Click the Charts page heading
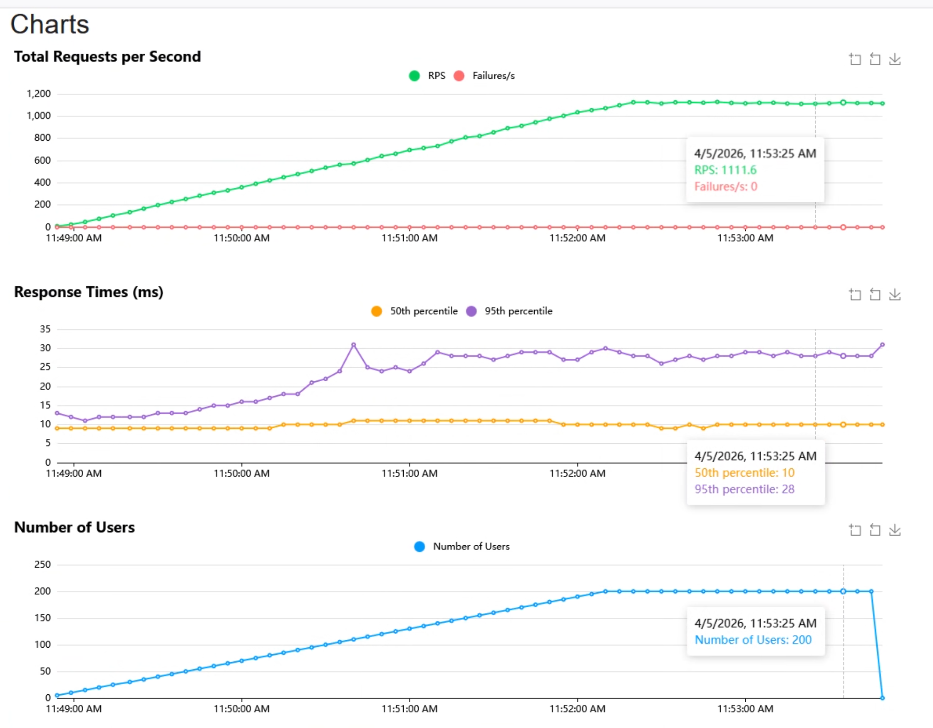(50, 25)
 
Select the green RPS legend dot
(414, 76)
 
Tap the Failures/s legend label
(494, 76)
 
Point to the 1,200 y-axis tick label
(38, 94)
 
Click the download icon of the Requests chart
(895, 59)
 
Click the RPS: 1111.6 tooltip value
(725, 170)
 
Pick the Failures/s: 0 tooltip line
(725, 186)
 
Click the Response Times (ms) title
(88, 292)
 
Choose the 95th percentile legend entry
(518, 311)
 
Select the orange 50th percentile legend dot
(376, 311)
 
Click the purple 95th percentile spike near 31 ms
(353, 344)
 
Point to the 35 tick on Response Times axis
(45, 329)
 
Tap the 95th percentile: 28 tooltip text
(744, 489)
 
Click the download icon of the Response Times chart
(895, 294)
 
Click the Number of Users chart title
(74, 527)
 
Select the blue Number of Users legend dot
(419, 547)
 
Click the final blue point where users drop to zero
(882, 698)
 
